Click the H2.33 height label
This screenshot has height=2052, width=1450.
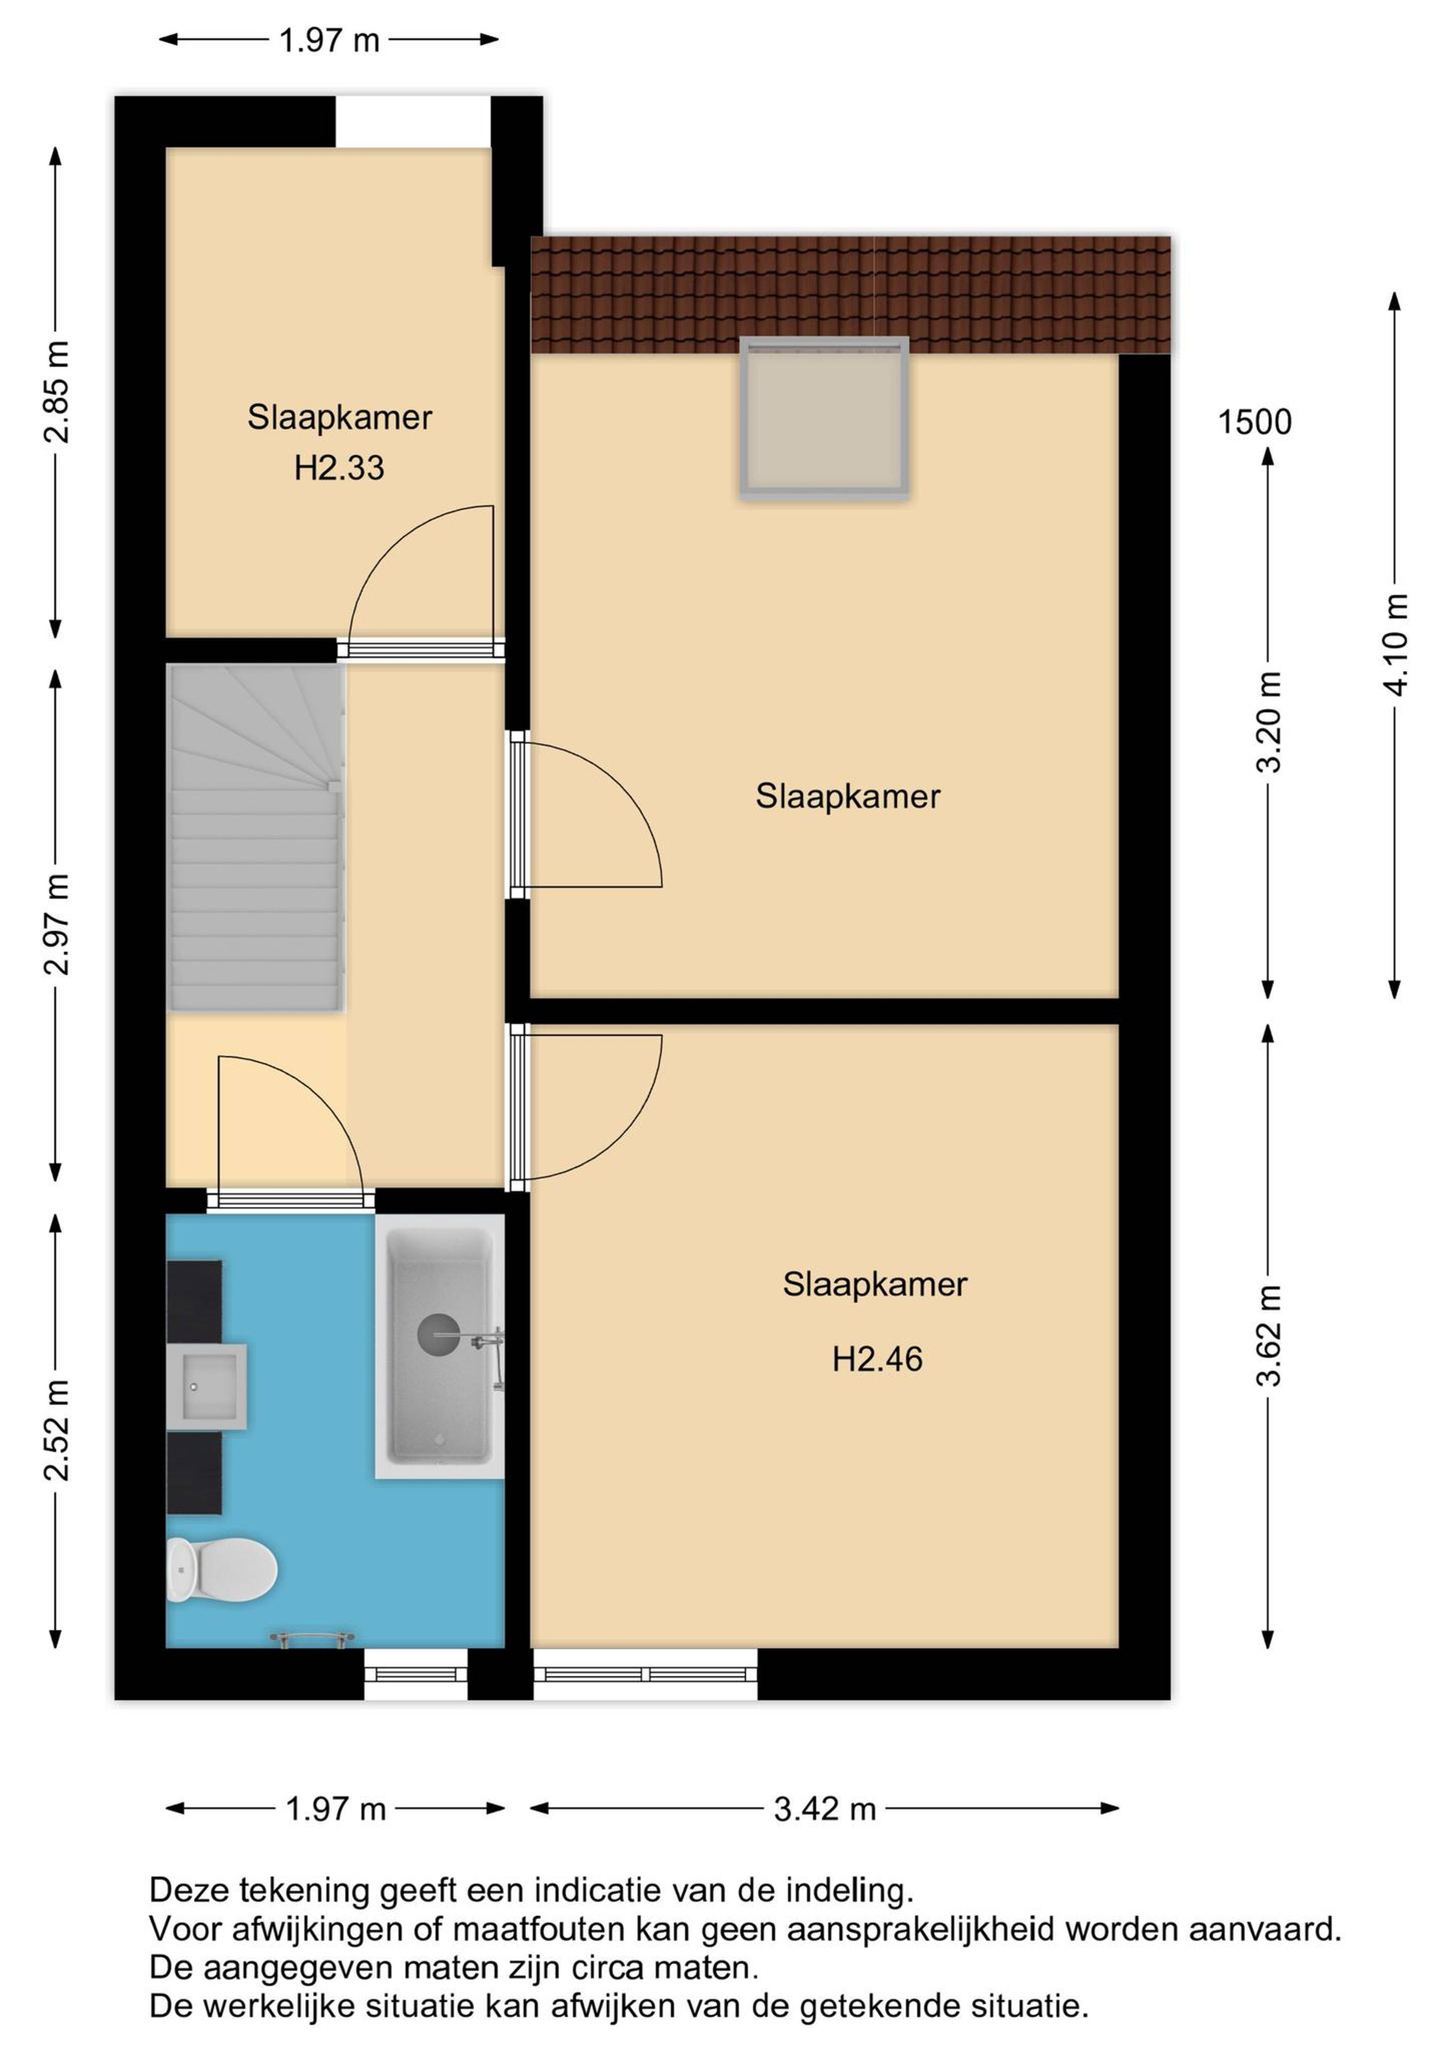point(339,467)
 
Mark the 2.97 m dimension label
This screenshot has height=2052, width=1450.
point(56,924)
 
